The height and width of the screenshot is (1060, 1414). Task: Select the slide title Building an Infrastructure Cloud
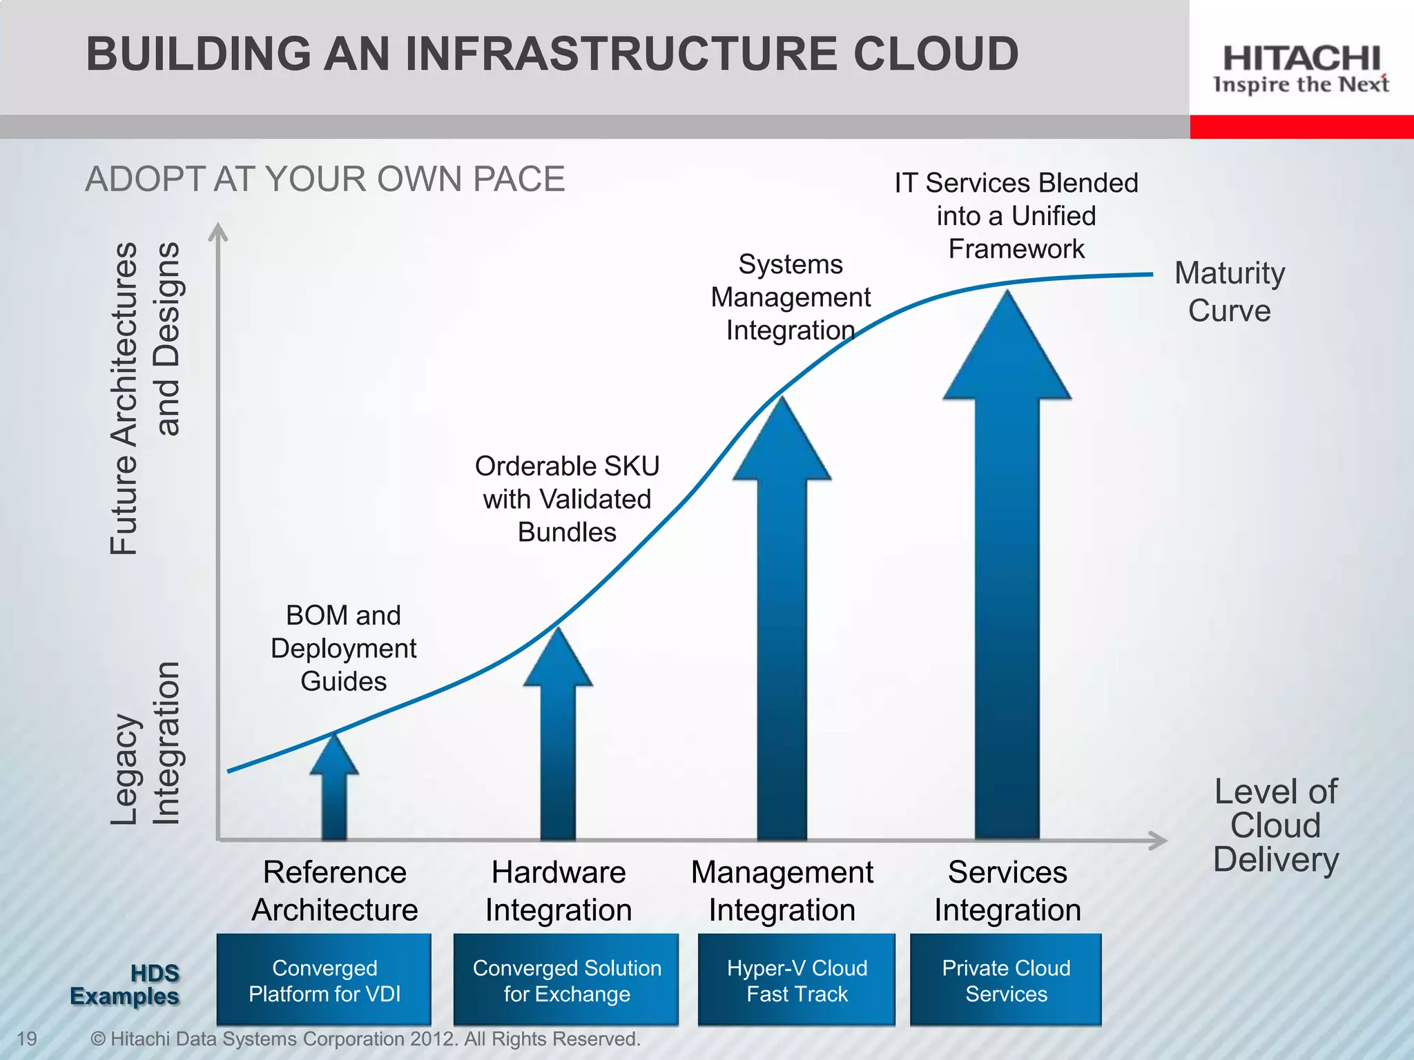(x=552, y=54)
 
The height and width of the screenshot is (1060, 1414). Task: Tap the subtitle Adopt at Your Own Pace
(x=325, y=179)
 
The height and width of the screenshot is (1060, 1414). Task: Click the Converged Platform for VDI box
(x=324, y=980)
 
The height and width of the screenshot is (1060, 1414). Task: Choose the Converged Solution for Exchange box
(x=566, y=980)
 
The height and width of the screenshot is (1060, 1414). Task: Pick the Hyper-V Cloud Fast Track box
(x=797, y=980)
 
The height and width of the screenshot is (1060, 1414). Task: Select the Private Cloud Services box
(x=1006, y=980)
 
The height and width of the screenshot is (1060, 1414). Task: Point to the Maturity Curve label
(x=1230, y=291)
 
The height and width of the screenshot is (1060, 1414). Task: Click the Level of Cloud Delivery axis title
(x=1276, y=825)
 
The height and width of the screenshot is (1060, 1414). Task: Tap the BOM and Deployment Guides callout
(x=343, y=648)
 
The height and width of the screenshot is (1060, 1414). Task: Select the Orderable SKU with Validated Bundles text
(x=567, y=499)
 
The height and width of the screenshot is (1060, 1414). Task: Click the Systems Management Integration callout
(x=791, y=297)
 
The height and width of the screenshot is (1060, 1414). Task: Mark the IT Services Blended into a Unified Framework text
(x=1016, y=216)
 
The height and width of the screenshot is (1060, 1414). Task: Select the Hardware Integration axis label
(x=559, y=891)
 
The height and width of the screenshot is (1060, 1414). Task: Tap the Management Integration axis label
(x=782, y=891)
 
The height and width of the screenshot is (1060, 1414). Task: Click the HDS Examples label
(x=125, y=985)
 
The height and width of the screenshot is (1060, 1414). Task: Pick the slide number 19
(x=26, y=1039)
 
